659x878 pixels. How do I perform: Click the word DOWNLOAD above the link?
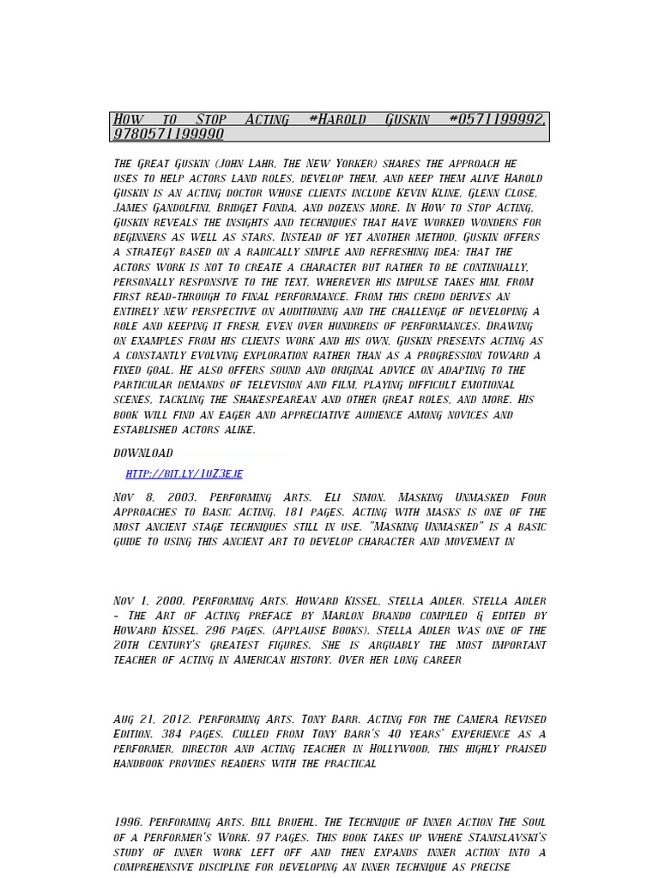143,453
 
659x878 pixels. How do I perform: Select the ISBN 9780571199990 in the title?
168,134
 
